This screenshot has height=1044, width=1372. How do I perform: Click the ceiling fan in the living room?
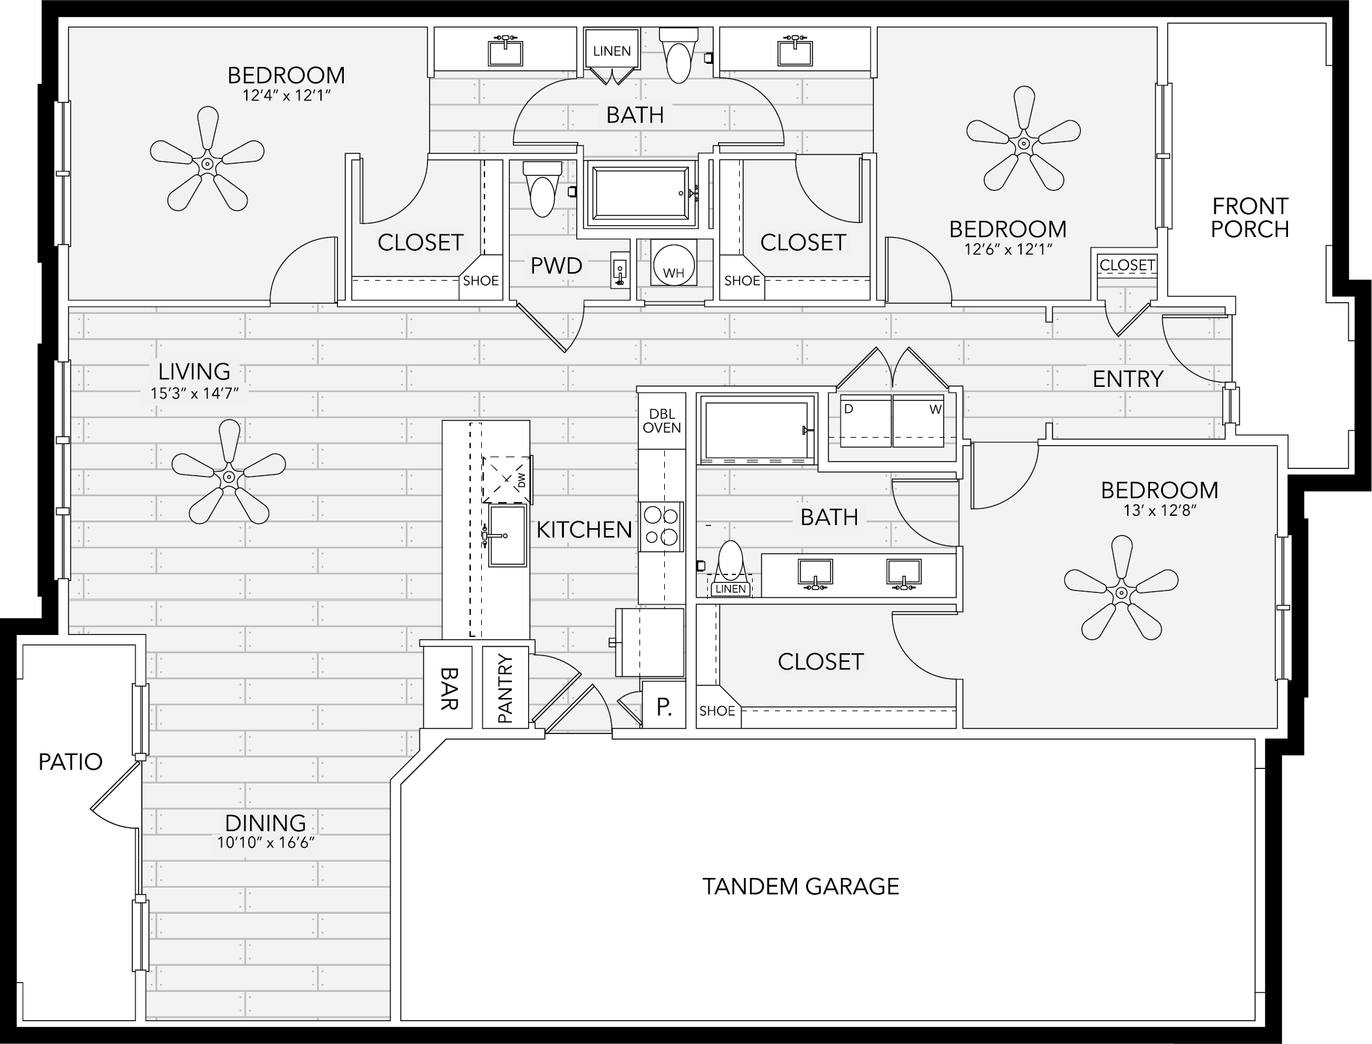(x=229, y=476)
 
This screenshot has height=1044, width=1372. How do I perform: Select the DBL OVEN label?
(x=662, y=421)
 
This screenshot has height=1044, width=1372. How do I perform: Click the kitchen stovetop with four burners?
(x=661, y=526)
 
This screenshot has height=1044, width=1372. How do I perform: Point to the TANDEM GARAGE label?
(x=800, y=886)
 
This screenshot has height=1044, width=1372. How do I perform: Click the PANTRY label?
(x=505, y=689)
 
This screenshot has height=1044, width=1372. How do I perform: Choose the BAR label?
(x=448, y=688)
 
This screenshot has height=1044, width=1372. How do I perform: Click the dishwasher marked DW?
(x=506, y=479)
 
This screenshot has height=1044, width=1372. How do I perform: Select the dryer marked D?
(x=865, y=421)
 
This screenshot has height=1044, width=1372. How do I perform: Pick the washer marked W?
(x=918, y=421)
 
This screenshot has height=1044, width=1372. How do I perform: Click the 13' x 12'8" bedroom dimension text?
(x=1160, y=511)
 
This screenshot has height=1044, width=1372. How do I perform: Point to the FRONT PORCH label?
(x=1250, y=218)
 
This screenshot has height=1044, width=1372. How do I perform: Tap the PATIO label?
(x=70, y=761)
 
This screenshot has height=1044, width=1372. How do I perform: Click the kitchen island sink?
(x=507, y=536)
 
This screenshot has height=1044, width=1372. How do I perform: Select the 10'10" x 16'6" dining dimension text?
(x=266, y=843)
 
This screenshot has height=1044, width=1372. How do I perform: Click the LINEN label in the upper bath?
(x=611, y=51)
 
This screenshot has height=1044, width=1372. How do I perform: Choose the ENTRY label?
(x=1128, y=379)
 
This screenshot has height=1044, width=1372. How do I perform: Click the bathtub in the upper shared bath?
(x=638, y=193)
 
